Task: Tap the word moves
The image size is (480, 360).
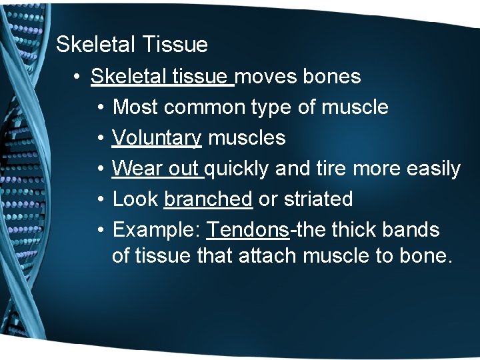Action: (267, 77)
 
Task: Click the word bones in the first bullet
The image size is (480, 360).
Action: (331, 77)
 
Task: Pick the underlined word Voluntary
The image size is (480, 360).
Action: (157, 138)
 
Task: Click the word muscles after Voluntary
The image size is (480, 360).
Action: (247, 138)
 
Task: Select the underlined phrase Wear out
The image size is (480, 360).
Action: (157, 169)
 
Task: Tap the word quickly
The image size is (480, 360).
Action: (237, 169)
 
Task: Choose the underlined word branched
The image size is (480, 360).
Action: (208, 199)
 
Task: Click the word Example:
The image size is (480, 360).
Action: (157, 230)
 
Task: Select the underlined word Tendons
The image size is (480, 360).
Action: (247, 230)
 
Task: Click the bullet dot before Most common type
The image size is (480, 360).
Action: (99, 107)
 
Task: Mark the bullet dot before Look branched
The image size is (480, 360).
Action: (99, 199)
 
